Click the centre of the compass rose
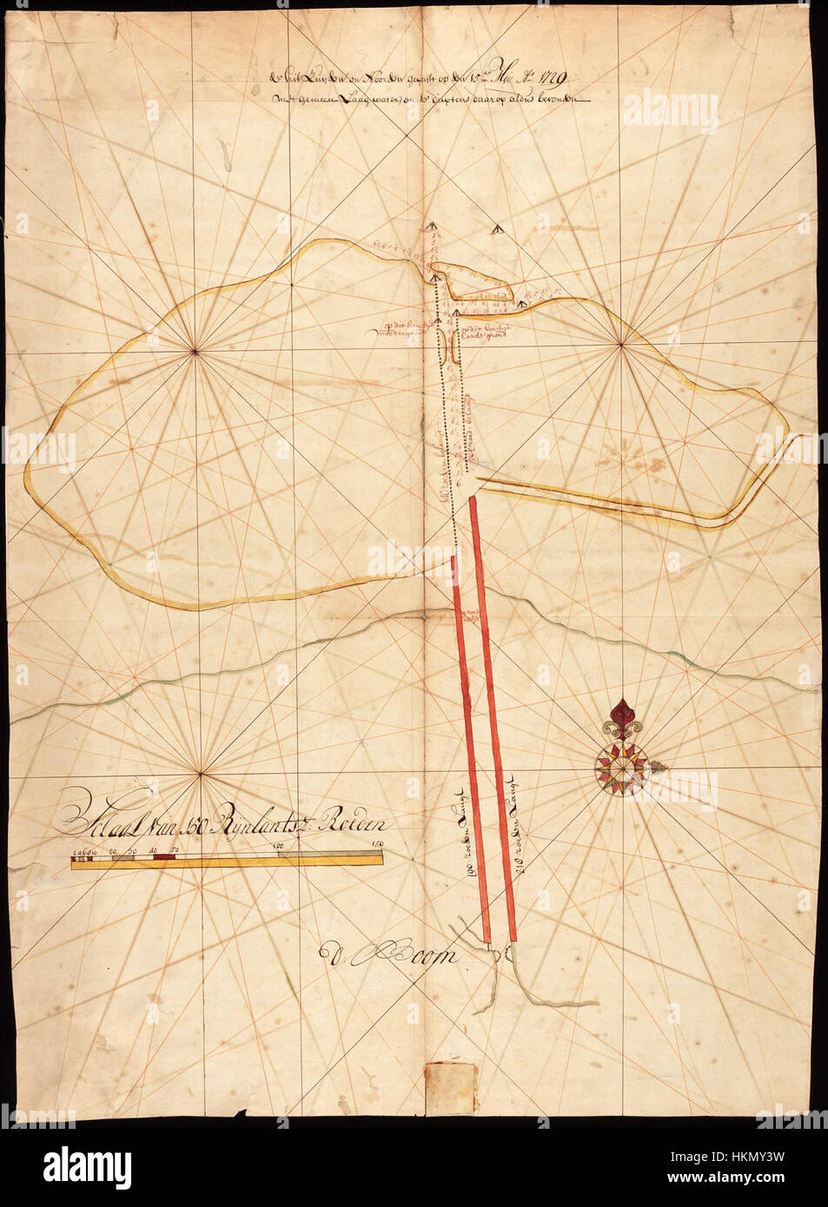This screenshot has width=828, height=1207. click(x=620, y=767)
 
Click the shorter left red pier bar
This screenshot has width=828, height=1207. click(x=471, y=747)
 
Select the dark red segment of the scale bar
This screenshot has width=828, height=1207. click(x=165, y=856)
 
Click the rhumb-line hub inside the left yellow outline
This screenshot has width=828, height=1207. click(x=196, y=351)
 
